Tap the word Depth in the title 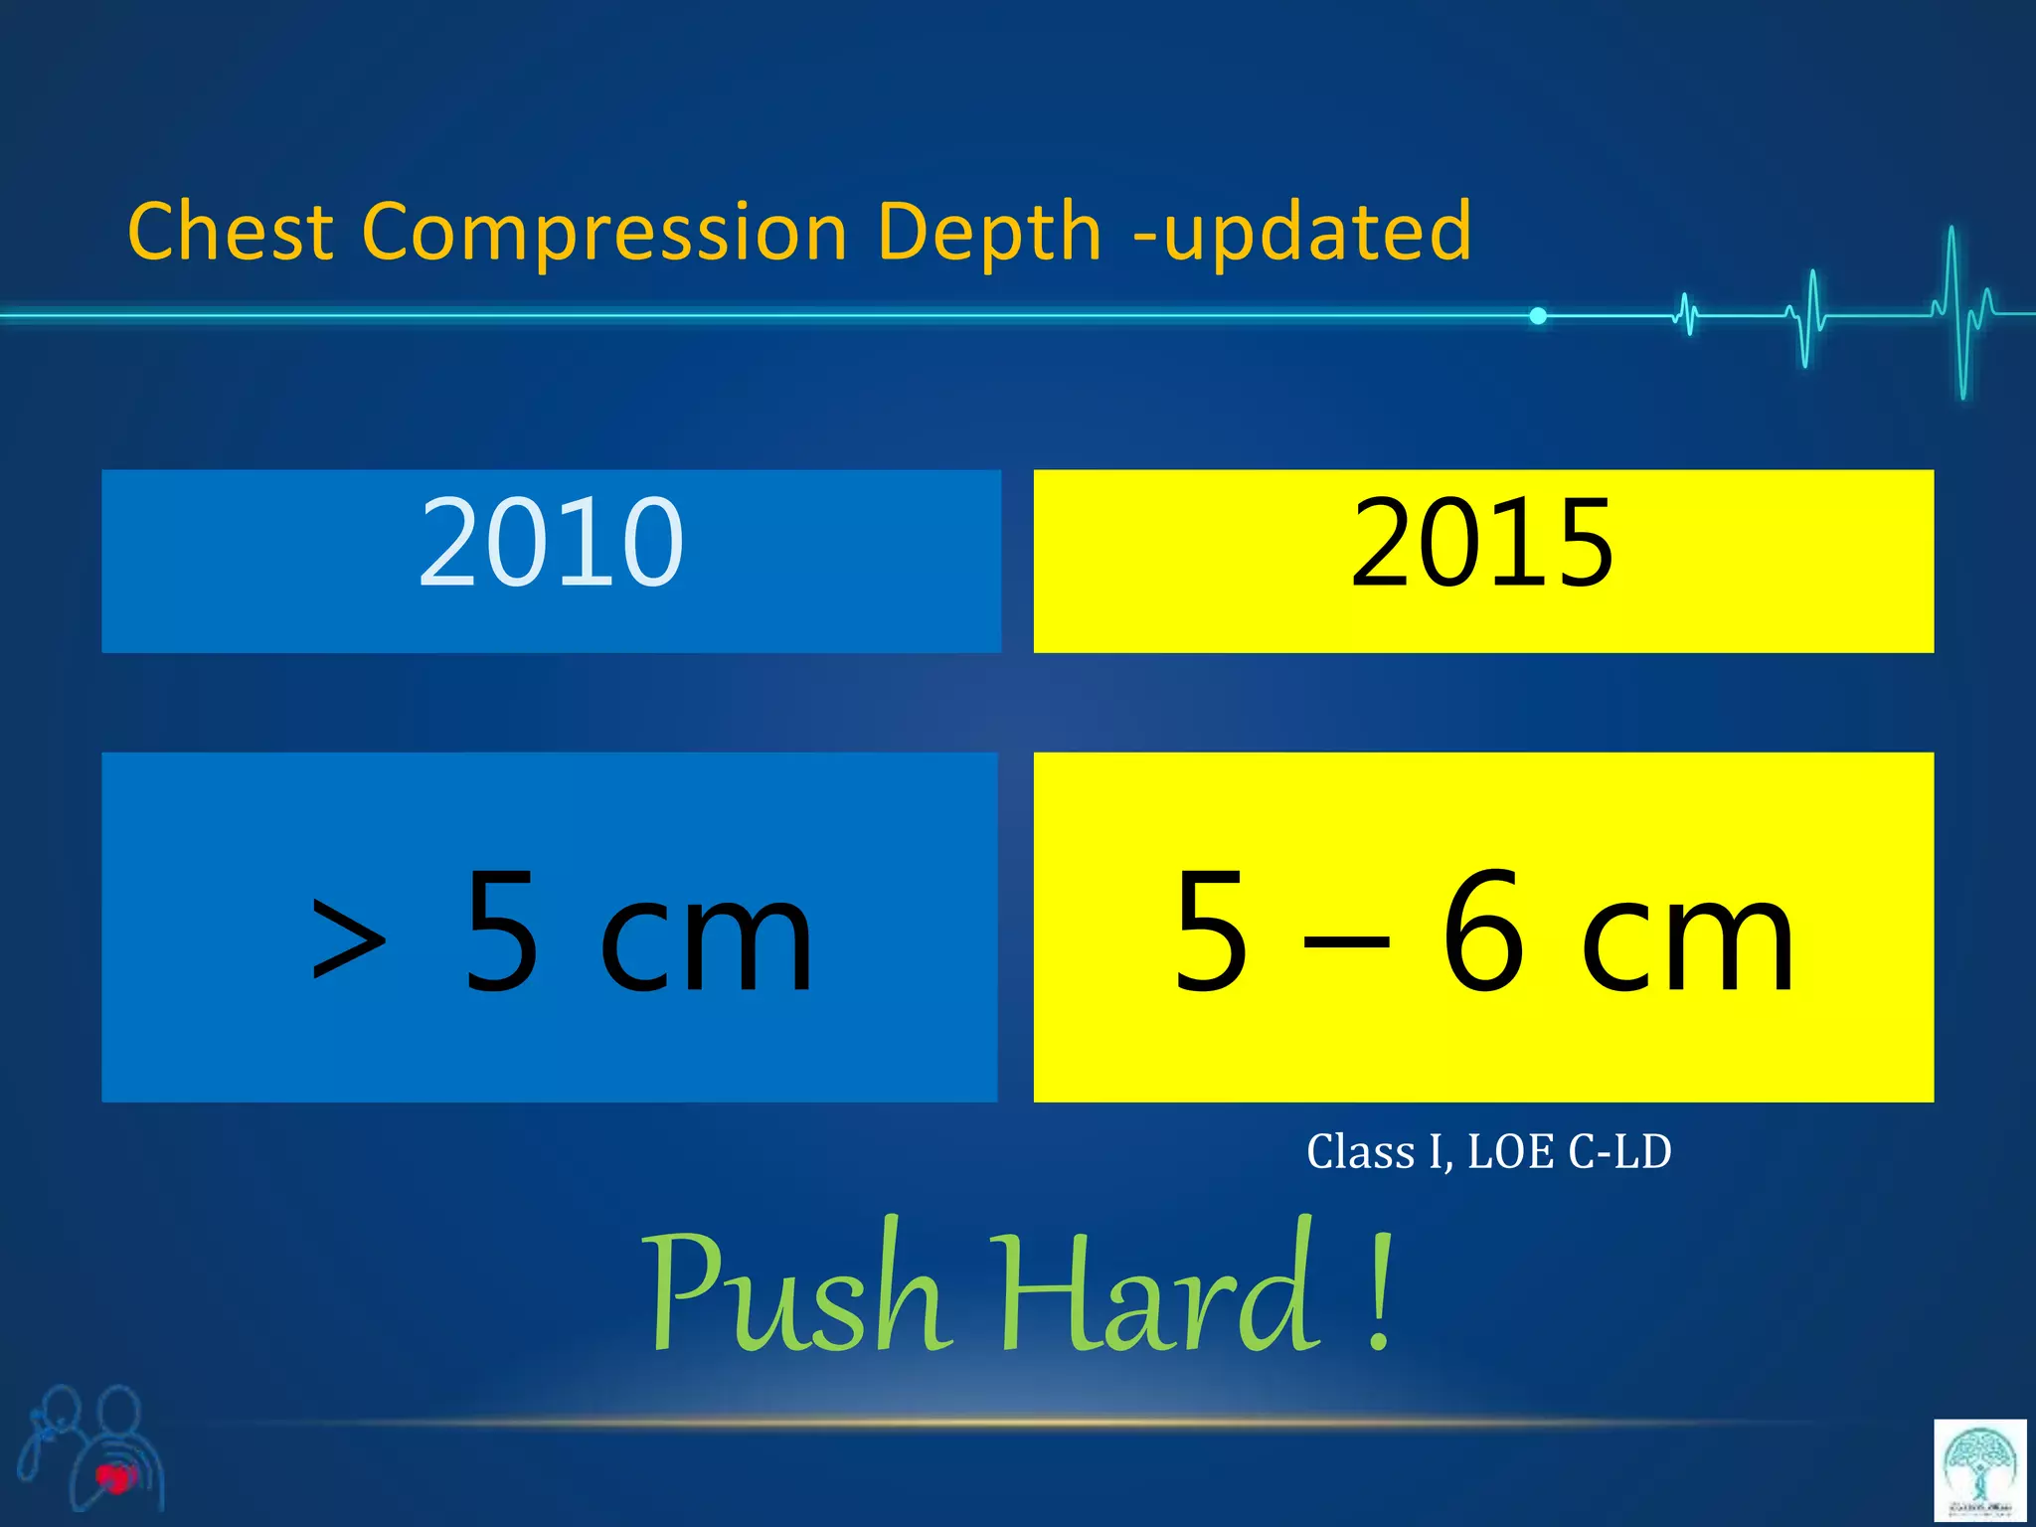(989, 233)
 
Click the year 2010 (551, 543)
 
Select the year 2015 (1482, 543)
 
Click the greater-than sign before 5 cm (348, 937)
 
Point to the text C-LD (1619, 1152)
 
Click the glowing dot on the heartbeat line (1538, 316)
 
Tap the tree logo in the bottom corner (1980, 1469)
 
